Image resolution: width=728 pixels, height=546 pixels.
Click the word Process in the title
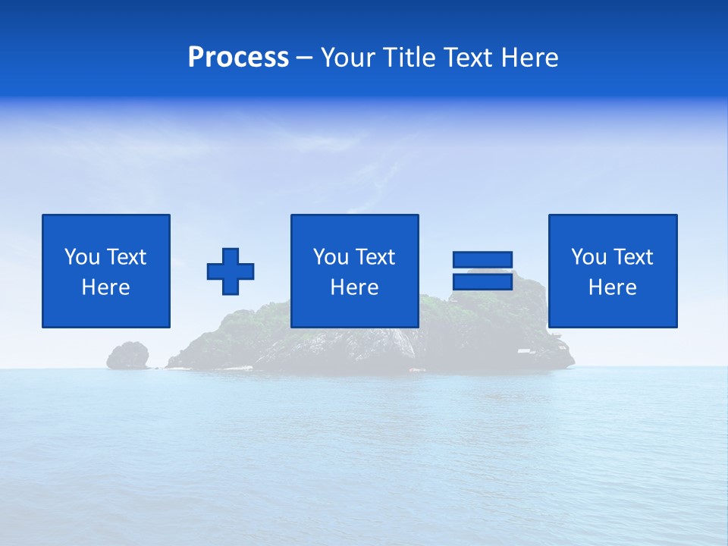[x=238, y=58]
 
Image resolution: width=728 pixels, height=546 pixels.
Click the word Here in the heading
[x=530, y=58]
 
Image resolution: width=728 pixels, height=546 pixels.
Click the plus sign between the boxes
[x=231, y=271]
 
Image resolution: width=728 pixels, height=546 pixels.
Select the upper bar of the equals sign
[x=482, y=260]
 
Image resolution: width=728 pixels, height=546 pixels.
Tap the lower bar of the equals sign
[x=482, y=281]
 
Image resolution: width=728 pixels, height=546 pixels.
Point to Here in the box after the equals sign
[x=612, y=287]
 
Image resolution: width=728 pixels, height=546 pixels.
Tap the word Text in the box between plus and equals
[x=375, y=257]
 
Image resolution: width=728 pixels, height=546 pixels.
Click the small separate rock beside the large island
[x=127, y=355]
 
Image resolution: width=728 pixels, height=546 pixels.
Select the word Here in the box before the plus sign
[x=105, y=287]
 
